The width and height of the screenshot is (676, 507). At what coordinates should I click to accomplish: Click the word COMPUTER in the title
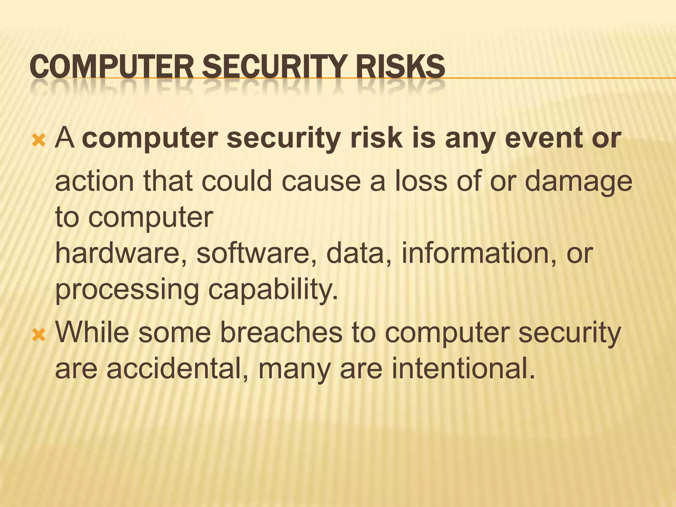pos(111,67)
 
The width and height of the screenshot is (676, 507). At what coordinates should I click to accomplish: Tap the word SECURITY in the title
pos(274,67)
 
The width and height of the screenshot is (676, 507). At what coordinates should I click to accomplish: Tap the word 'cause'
pos(321,182)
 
